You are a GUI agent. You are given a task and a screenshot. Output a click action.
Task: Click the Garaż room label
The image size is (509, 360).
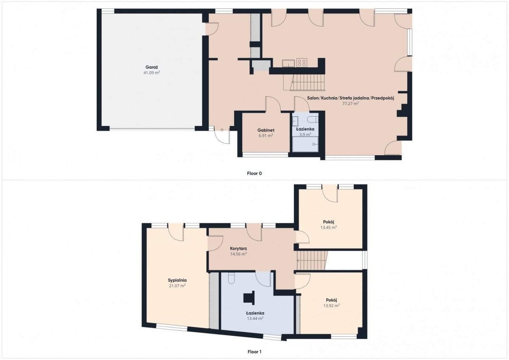(151, 67)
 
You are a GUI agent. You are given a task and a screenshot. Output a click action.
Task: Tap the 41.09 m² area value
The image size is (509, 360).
(151, 73)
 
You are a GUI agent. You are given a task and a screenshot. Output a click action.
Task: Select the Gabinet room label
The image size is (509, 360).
(266, 130)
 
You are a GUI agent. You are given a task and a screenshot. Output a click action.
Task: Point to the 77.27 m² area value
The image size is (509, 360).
(350, 103)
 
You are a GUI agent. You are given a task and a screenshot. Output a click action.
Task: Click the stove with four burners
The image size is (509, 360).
(302, 63)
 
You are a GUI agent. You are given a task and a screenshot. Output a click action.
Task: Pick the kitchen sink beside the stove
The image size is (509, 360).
(288, 63)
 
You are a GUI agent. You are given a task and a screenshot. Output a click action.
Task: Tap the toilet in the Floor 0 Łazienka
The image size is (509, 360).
(313, 119)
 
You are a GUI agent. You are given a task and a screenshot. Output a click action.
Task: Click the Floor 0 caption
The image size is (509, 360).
(254, 173)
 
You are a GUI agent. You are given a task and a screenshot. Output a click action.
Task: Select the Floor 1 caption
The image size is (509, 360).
(254, 352)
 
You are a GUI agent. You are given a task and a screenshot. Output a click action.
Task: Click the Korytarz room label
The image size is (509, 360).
(238, 248)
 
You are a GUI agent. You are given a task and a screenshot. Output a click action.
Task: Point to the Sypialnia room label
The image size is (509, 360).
(177, 280)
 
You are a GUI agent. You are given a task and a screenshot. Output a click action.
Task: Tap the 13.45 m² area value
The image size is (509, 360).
(329, 227)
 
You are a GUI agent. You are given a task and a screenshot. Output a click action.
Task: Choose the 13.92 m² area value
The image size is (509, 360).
(332, 306)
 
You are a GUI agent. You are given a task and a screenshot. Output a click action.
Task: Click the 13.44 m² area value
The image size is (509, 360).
(255, 318)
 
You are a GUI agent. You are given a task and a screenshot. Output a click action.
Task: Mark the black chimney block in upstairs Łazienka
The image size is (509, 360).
(249, 298)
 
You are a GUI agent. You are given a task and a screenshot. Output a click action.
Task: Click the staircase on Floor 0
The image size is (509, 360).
(307, 83)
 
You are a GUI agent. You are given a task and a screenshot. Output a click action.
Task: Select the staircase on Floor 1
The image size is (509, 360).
(312, 261)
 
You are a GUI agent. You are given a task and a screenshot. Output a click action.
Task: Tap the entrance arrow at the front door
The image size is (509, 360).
(222, 130)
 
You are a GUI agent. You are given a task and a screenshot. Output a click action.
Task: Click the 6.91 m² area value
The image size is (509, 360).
(266, 136)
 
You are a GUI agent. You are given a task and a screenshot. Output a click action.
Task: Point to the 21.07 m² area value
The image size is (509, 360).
(177, 286)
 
